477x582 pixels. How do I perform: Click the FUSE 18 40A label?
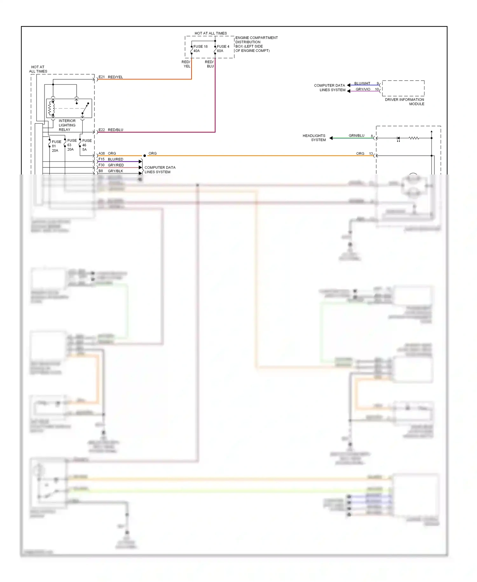[200, 49]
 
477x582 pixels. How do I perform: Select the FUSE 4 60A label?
[223, 49]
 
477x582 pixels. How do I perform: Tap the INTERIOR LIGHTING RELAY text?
[67, 125]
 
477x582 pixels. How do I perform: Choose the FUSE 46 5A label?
[86, 145]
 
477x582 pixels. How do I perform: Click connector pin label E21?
[101, 77]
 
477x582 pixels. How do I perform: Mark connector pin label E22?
[101, 130]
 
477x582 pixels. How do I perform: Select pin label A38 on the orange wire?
[101, 153]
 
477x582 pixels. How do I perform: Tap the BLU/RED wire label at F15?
[115, 159]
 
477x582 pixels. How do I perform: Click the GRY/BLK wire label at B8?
[115, 171]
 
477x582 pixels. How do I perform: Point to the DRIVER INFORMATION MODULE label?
[404, 102]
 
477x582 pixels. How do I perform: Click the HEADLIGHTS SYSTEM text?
[314, 138]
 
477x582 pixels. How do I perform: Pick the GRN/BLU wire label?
[356, 136]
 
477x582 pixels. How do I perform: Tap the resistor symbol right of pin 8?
[414, 138]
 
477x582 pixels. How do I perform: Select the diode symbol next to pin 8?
[398, 138]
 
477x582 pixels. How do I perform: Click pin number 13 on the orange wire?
[371, 153]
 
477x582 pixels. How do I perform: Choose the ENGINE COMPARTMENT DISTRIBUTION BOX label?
[256, 44]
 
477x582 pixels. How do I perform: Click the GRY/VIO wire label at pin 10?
[363, 89]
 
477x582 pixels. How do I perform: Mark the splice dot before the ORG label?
[145, 156]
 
